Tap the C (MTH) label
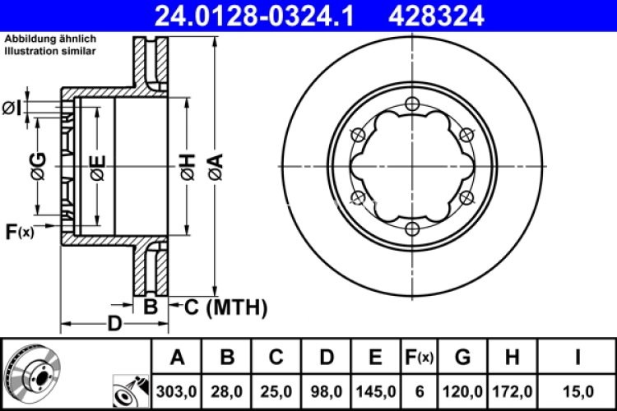[x=224, y=307]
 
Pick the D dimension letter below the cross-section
[x=115, y=324]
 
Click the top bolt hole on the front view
[x=412, y=103]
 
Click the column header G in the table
[x=462, y=357]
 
